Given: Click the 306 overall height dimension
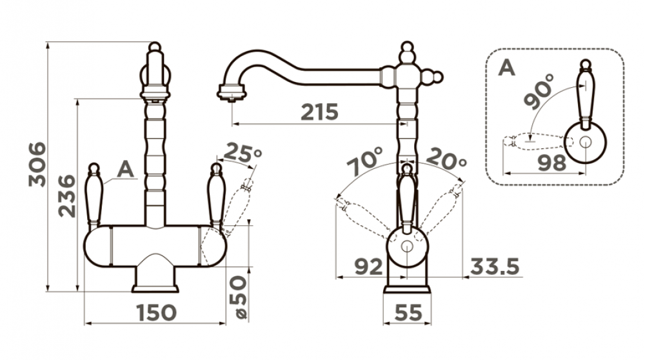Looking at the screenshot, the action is tap(37, 164).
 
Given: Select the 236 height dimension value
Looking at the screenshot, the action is tap(67, 196).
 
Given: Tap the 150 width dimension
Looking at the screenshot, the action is tap(156, 313).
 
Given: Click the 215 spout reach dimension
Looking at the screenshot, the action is tap(320, 112).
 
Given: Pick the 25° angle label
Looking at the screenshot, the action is tap(243, 153).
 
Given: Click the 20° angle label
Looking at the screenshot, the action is tap(446, 159).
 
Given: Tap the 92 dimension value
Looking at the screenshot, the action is tap(368, 267).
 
